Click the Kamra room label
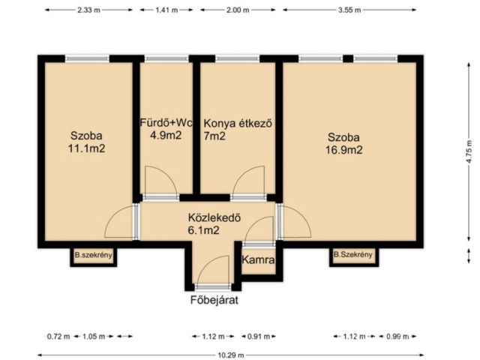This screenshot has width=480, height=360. [258, 260]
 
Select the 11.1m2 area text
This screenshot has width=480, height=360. [86, 148]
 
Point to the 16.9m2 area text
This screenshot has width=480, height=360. [344, 148]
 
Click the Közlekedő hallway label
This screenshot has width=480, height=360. [214, 219]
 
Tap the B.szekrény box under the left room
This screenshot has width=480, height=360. [93, 256]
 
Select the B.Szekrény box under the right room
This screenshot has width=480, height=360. [352, 255]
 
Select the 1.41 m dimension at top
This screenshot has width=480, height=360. [166, 10]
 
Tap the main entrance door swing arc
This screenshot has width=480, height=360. [216, 271]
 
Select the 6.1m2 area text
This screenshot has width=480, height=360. [203, 231]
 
